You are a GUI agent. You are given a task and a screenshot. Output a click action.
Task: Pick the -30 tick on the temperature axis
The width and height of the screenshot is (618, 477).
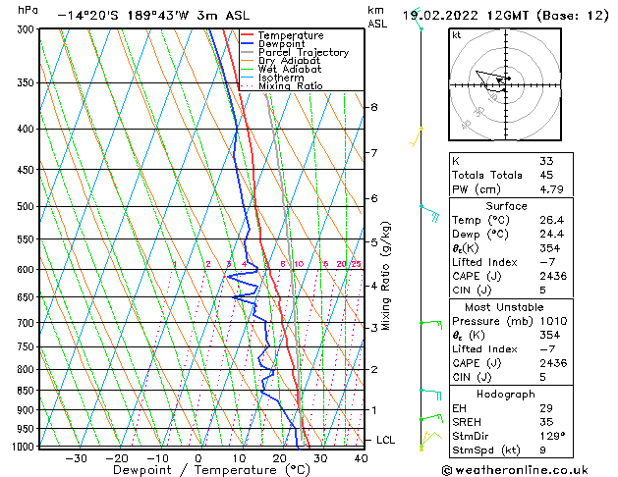[76, 457]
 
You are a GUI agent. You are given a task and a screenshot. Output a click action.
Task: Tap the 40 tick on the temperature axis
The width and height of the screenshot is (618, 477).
[361, 457]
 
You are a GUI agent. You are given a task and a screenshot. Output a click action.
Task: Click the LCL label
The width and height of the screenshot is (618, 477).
[385, 441]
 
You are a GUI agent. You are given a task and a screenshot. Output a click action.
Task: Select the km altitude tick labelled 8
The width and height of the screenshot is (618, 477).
[374, 107]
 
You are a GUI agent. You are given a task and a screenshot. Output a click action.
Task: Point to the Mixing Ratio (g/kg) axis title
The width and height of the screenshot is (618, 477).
[386, 276]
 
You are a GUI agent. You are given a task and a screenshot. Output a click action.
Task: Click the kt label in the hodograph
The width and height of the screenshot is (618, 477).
[456, 34]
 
